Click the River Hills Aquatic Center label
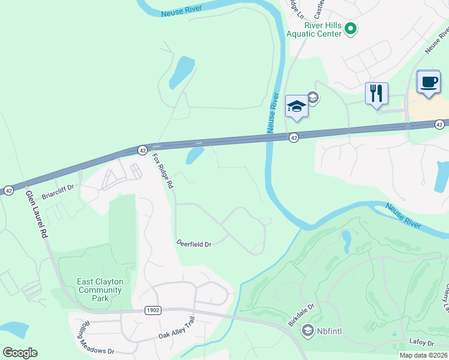[x=322, y=29]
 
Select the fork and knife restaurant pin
[x=376, y=94]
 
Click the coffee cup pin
[x=428, y=82]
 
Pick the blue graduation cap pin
[x=296, y=107]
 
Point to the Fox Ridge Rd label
[x=163, y=171]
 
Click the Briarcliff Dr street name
[x=57, y=191]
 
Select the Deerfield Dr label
[x=194, y=244]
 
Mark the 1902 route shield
[x=152, y=310]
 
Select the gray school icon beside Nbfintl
[x=308, y=330]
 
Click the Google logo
[x=20, y=352]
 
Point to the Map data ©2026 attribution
[x=423, y=355]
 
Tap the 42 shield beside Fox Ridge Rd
[x=142, y=149]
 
